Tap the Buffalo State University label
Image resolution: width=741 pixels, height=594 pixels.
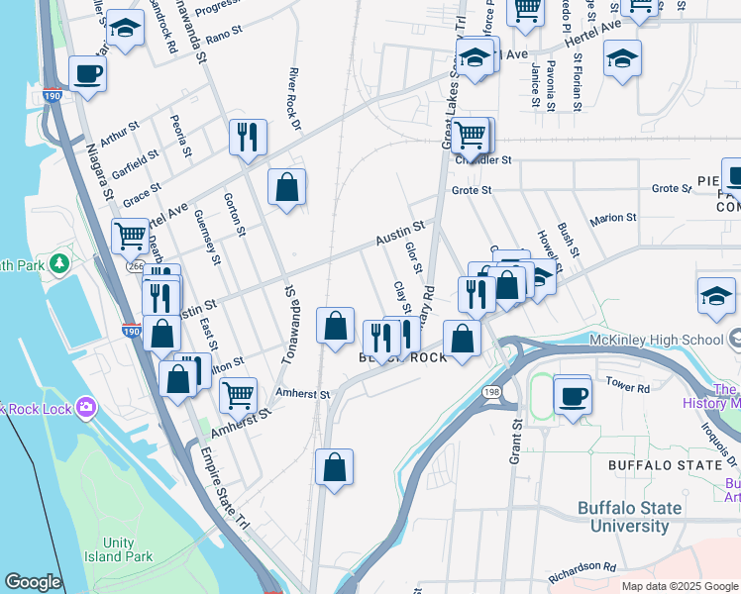[x=630, y=517]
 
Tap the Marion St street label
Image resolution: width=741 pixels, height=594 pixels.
[x=613, y=218]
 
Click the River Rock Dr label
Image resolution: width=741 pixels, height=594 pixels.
[x=293, y=100]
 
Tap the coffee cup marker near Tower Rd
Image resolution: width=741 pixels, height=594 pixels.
[x=573, y=398]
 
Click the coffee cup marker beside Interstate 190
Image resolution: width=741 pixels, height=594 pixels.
[x=87, y=74]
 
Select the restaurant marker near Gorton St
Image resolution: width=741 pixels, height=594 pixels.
[x=248, y=137]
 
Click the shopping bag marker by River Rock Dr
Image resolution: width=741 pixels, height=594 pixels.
[x=286, y=186]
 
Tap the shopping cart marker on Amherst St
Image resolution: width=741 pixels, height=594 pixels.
[x=238, y=395]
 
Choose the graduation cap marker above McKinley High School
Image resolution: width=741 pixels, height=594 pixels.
[x=716, y=296]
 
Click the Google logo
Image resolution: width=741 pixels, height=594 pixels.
[x=34, y=582]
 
